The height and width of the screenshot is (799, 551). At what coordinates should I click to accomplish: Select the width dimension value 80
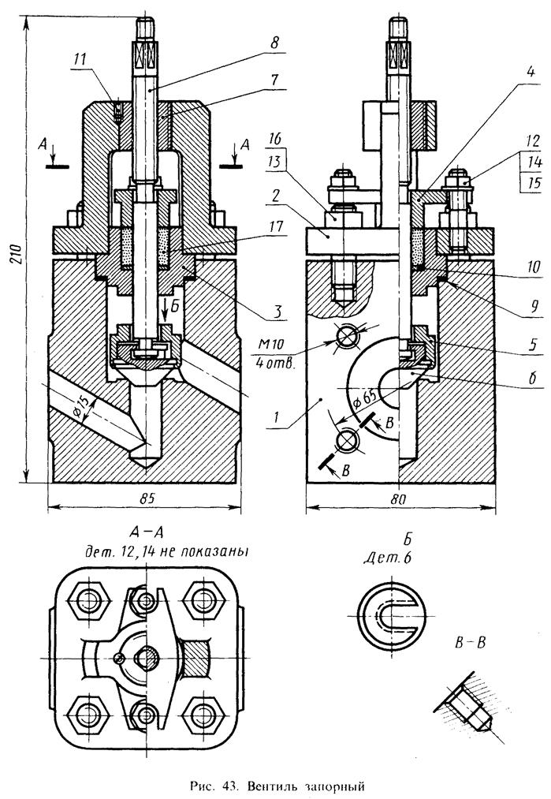click(400, 500)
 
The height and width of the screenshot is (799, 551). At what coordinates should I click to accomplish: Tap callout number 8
click(274, 43)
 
